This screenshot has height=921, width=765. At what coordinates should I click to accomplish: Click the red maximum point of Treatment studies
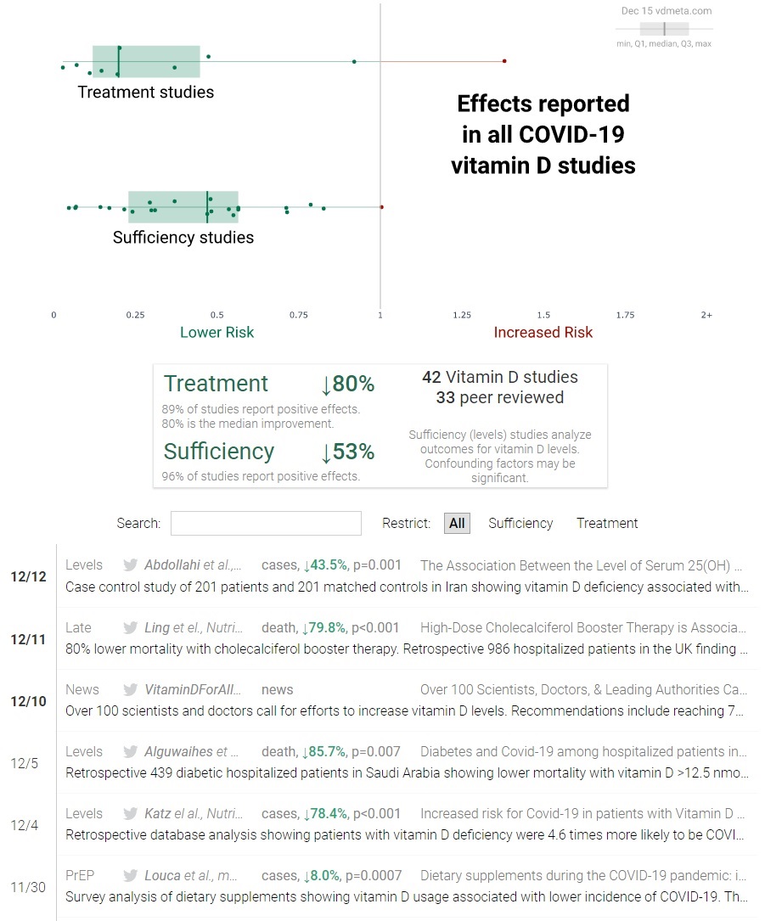[504, 61]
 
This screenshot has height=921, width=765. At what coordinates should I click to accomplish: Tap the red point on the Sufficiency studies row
[381, 206]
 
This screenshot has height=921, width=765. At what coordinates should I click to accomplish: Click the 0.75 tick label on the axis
[299, 315]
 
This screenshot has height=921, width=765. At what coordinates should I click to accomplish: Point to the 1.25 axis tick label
[462, 315]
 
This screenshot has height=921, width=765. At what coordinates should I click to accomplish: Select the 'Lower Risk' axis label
[217, 333]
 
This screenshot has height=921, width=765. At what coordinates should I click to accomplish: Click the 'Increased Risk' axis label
[543, 333]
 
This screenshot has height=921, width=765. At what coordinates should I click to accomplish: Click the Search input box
[266, 523]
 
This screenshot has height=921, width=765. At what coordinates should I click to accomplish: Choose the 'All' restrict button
[457, 523]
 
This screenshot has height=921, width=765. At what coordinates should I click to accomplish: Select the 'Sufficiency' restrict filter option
[520, 523]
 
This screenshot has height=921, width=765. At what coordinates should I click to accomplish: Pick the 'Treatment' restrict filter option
[607, 523]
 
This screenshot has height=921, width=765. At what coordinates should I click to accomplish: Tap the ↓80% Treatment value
[347, 385]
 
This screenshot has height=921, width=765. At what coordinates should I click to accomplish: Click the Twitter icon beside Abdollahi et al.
[130, 565]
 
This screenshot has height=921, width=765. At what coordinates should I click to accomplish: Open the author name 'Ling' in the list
[157, 627]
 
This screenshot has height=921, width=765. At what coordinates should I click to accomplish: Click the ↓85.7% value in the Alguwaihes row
[323, 751]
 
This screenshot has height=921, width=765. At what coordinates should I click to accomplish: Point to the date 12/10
[28, 701]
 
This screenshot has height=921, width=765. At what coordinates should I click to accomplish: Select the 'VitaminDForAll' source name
[194, 689]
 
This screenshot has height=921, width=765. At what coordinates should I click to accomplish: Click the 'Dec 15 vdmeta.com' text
[667, 11]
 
